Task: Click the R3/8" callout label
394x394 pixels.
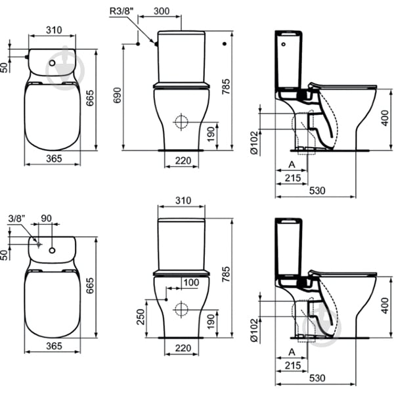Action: pyautogui.click(x=121, y=11)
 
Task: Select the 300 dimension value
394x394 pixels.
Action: pyautogui.click(x=162, y=11)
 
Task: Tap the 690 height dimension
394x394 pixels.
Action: pyautogui.click(x=118, y=95)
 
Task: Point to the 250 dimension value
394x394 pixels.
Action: pyautogui.click(x=141, y=317)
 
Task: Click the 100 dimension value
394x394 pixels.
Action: pyautogui.click(x=191, y=282)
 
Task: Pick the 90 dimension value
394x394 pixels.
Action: pyautogui.click(x=46, y=219)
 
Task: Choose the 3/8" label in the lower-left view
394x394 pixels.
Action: pyautogui.click(x=17, y=219)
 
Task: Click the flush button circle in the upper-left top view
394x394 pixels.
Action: pyautogui.click(x=52, y=63)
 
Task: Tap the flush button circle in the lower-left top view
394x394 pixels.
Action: pyautogui.click(x=52, y=250)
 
